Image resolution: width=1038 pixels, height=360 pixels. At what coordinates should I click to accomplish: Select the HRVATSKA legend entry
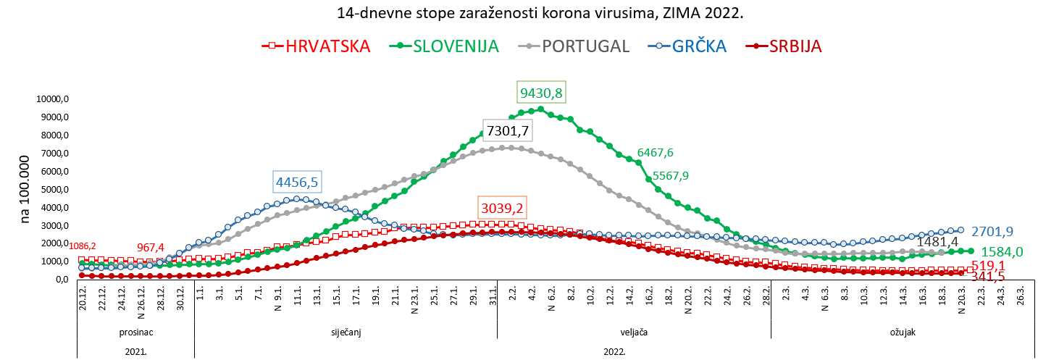[x=327, y=46]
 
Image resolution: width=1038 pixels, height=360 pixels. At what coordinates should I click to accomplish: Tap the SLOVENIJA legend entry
[x=456, y=46]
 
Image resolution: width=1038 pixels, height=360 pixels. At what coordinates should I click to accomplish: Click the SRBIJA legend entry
[x=795, y=46]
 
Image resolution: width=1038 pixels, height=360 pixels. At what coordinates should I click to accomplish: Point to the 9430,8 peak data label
[x=541, y=93]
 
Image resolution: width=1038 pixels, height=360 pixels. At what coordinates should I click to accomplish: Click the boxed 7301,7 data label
[x=508, y=131]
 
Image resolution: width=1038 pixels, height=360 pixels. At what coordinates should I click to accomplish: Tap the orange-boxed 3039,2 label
[x=501, y=208]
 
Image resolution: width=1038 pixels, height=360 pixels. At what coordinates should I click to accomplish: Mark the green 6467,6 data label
[x=655, y=153]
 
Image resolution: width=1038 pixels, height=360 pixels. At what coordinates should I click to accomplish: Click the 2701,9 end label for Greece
[x=992, y=232]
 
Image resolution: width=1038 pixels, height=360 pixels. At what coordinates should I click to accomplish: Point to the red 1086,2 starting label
[x=82, y=246]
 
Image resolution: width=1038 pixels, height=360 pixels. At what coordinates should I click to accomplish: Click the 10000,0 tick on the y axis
[x=53, y=99]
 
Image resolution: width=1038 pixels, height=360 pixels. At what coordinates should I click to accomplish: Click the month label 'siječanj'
[x=346, y=332]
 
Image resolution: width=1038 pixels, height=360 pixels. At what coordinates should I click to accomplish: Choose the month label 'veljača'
[x=633, y=332]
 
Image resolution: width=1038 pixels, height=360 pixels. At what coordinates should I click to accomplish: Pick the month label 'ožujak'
[x=903, y=332]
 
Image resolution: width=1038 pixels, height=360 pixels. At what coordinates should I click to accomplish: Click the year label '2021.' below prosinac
[x=135, y=351]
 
